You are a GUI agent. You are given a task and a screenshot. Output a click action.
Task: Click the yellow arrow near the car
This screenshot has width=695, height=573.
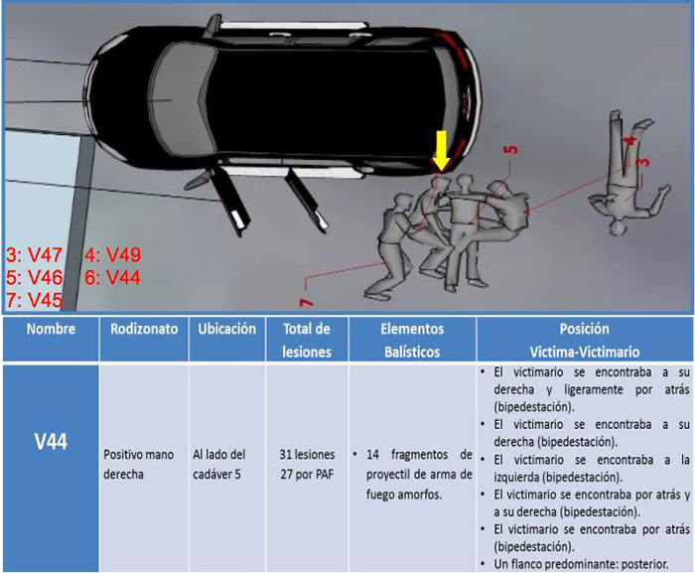tap(442, 150)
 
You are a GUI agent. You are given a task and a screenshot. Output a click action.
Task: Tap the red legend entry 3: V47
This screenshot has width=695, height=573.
tap(34, 255)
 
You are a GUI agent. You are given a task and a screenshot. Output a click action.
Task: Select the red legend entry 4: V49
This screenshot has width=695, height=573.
tap(112, 255)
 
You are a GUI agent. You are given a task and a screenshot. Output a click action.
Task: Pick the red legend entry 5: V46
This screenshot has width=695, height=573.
tap(34, 278)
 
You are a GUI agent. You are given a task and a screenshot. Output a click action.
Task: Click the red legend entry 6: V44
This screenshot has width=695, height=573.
tap(112, 278)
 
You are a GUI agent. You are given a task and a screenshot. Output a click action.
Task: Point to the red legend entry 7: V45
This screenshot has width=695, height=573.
tap(34, 300)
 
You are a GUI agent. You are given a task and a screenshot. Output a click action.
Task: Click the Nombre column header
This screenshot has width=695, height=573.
tap(51, 329)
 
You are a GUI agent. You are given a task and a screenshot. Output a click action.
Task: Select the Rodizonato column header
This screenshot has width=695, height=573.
tap(144, 329)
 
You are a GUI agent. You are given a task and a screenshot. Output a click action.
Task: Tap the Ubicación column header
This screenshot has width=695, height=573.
tap(227, 329)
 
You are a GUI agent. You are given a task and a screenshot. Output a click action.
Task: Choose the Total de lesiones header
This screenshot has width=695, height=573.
tap(307, 341)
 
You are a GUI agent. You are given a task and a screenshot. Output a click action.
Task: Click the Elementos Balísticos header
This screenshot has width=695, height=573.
tap(412, 341)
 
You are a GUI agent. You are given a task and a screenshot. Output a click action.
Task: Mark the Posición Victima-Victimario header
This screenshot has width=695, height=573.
tap(585, 341)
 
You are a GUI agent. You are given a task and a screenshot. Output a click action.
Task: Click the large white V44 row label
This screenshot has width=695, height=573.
tap(51, 442)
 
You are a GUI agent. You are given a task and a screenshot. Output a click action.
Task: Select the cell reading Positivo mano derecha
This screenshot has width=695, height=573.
tap(139, 465)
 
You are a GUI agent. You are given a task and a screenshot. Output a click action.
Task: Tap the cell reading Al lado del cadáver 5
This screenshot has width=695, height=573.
tap(219, 465)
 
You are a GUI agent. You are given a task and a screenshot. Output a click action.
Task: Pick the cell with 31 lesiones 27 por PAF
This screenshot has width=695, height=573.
tap(307, 465)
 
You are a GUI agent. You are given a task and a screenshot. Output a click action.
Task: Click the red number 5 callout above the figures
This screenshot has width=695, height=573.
tap(511, 149)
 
